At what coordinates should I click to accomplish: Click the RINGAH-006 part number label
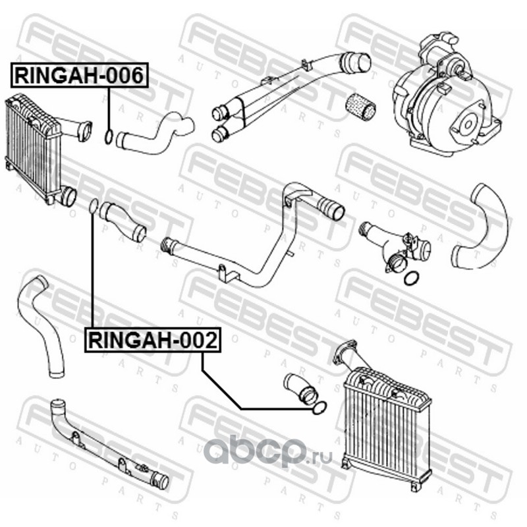(x=79, y=75)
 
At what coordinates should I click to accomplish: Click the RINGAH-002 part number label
(x=153, y=340)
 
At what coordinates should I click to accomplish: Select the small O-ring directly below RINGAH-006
(x=109, y=136)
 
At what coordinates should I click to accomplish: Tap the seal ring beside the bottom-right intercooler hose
(x=319, y=407)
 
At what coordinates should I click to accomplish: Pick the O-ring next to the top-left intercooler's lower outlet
(x=94, y=206)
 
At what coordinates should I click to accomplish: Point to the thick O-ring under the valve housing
(x=411, y=277)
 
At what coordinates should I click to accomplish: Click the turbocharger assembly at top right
(x=447, y=95)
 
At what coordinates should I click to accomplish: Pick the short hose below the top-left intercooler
(x=123, y=222)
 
